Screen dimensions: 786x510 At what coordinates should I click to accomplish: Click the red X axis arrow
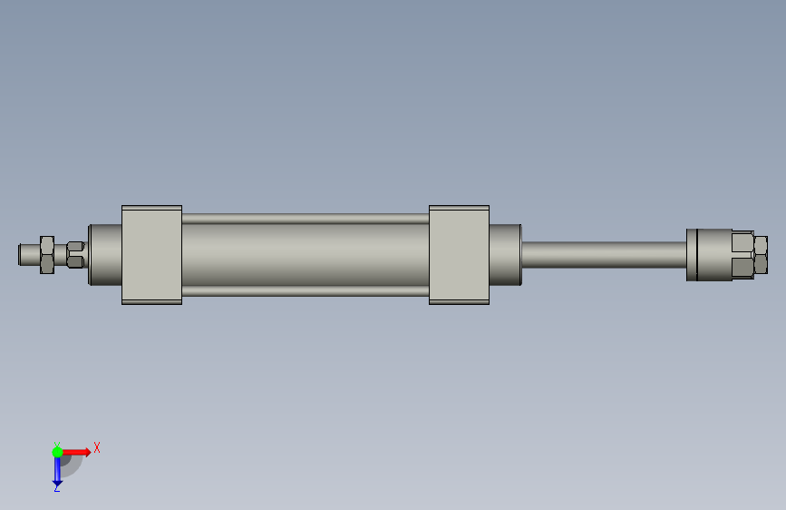[x=76, y=452]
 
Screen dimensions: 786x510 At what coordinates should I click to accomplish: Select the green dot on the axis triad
[x=57, y=452]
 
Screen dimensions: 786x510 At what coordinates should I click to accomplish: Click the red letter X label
[x=97, y=447]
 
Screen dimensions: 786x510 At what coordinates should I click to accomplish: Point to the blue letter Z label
[x=56, y=487]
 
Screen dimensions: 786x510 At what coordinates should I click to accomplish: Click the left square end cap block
[x=152, y=255]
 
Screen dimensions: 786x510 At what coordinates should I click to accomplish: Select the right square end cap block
[x=459, y=255]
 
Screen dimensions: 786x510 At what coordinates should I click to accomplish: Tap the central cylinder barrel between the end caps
[x=306, y=255]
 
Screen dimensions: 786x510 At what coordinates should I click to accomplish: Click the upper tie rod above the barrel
[x=306, y=219]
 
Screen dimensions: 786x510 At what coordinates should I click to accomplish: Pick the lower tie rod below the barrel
[x=306, y=291]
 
